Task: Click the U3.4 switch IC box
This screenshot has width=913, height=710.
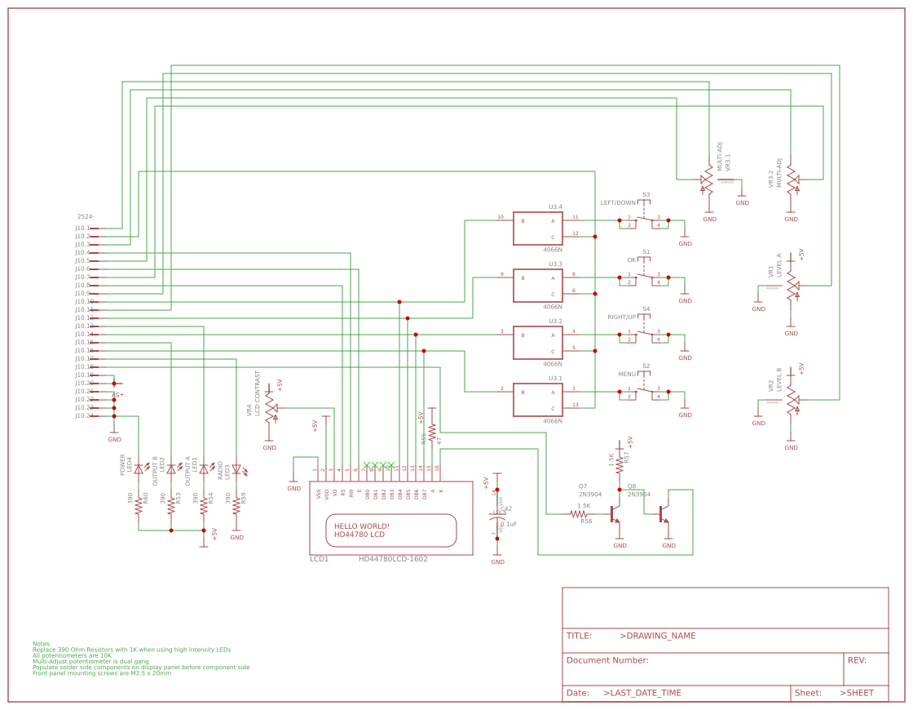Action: click(x=537, y=229)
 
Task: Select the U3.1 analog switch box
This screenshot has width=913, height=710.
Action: click(x=537, y=400)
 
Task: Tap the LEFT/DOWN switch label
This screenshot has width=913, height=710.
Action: click(x=618, y=202)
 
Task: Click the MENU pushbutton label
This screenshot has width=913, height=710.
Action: click(x=626, y=374)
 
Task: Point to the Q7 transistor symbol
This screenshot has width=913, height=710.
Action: click(x=617, y=514)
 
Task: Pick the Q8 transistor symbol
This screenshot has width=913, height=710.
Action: click(x=665, y=514)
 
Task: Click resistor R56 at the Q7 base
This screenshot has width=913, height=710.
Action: click(x=584, y=514)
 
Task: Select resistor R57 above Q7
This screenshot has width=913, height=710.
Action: click(x=620, y=463)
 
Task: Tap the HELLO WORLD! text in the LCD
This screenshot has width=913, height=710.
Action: click(x=362, y=526)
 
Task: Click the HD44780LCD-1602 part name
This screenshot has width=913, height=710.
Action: click(x=393, y=559)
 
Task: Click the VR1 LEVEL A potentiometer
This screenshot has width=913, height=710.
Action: click(x=792, y=286)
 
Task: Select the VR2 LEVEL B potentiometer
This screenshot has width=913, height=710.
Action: click(x=792, y=400)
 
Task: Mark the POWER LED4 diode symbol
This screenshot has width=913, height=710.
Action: click(x=139, y=469)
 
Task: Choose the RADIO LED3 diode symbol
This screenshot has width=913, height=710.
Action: click(x=236, y=469)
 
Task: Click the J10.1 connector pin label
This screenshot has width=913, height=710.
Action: click(x=82, y=228)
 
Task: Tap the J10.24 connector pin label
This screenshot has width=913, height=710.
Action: click(x=83, y=415)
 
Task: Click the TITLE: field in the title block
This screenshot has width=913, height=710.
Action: click(x=579, y=636)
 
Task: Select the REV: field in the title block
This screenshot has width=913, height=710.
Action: click(x=857, y=660)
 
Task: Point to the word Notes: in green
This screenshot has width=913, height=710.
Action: click(x=42, y=643)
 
